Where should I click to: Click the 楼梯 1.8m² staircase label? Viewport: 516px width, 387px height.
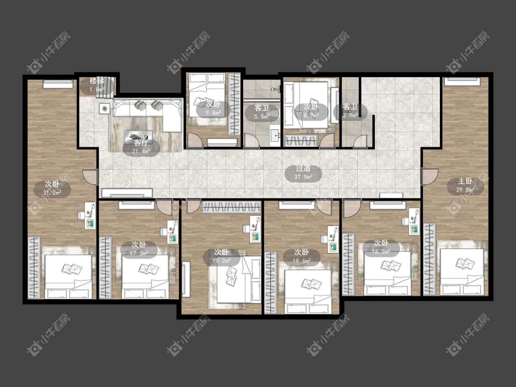[97, 85]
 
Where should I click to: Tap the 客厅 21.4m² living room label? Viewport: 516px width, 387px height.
[141, 147]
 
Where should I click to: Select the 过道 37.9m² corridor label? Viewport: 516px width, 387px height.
[303, 173]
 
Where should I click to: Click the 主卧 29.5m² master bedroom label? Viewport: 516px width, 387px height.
[465, 185]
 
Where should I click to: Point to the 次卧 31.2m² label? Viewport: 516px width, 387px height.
[52, 188]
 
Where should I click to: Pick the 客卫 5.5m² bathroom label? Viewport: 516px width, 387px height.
[262, 112]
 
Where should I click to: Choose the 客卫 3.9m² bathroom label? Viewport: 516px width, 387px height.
[350, 111]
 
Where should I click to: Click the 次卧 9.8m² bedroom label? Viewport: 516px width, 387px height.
[213, 109]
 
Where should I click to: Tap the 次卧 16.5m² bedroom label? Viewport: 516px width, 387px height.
[381, 248]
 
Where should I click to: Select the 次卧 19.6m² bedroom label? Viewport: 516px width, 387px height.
[301, 257]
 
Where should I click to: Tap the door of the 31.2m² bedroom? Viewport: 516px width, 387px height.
[90, 177]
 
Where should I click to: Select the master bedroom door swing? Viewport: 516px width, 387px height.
[429, 177]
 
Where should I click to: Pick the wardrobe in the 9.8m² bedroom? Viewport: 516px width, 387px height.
[235, 104]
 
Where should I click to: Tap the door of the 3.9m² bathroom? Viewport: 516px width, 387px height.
[361, 142]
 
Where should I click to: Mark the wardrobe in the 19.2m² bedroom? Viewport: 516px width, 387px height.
[232, 207]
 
